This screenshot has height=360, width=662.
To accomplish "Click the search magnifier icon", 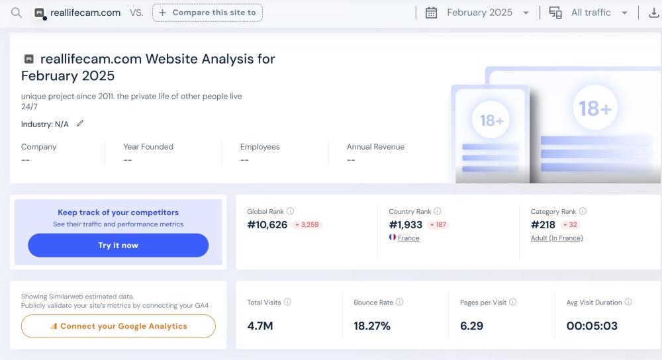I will [17, 13].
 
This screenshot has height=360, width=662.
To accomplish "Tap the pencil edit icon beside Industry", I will [80, 123].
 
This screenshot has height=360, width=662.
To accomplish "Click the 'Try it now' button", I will [118, 245].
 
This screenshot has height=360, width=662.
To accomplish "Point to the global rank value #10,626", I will [267, 225].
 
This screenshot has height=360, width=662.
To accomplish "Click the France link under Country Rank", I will [408, 238].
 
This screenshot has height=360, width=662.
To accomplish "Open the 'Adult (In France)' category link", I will [557, 238].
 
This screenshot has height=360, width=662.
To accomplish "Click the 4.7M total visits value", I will [260, 326].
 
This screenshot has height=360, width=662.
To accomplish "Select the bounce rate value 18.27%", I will [372, 326].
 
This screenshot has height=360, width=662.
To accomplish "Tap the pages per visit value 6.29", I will [471, 326].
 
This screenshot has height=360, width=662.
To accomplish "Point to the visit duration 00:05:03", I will [592, 326].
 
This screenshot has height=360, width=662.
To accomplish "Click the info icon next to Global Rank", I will [290, 212].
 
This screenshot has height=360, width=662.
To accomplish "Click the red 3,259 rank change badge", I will [307, 225].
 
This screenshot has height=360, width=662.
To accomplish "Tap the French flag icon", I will [393, 238].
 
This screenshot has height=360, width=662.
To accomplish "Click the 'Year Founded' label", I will [148, 147].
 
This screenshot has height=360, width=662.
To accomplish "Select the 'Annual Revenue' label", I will [375, 147].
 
